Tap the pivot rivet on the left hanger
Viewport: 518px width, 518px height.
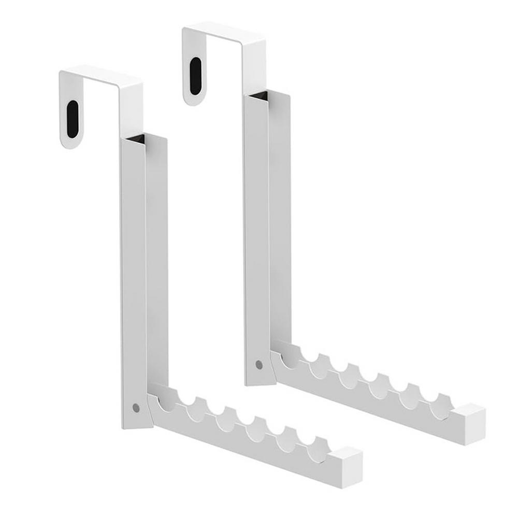136,408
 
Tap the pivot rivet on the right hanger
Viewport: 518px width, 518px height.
259,365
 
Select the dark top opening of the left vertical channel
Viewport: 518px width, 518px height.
135,138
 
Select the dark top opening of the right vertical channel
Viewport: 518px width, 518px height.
258,96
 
